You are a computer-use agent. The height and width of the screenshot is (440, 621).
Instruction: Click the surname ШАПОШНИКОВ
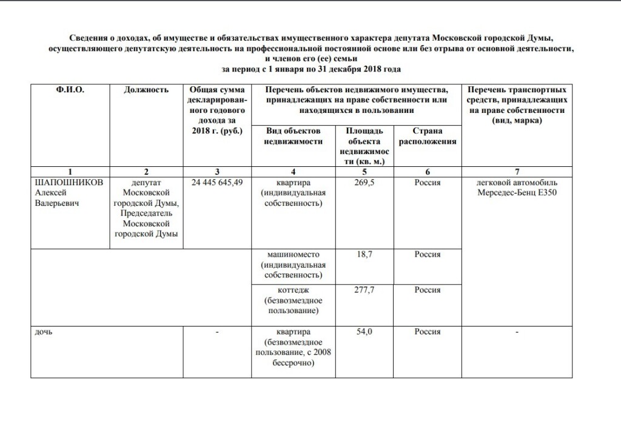70,183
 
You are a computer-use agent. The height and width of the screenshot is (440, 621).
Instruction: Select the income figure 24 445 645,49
217,183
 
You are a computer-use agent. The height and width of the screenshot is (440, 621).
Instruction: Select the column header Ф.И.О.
70,90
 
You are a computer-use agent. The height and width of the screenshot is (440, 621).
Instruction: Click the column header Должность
146,90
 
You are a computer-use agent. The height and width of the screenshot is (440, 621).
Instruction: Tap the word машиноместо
294,254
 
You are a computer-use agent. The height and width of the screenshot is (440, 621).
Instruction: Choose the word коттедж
294,290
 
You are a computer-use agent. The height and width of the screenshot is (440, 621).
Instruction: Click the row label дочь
44,333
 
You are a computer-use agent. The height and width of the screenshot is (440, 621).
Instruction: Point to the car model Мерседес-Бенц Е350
517,193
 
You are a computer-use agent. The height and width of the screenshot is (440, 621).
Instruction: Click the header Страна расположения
427,136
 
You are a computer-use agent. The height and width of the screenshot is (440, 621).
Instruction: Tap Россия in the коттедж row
427,290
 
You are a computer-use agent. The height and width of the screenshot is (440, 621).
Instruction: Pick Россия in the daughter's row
427,333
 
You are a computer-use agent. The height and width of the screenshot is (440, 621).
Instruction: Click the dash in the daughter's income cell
217,333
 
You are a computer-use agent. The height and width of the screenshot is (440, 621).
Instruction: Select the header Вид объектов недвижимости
294,136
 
